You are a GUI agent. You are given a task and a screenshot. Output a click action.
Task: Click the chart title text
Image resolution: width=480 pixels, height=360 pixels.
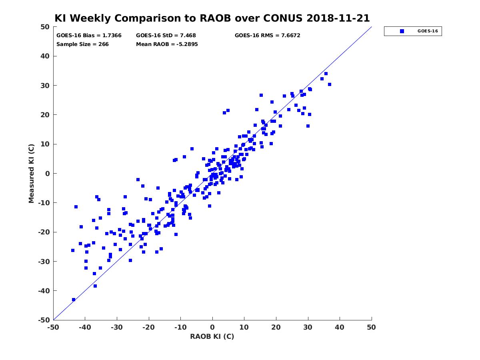(x=212, y=18)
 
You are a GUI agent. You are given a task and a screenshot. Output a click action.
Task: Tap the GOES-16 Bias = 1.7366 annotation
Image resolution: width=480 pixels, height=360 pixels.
(x=89, y=36)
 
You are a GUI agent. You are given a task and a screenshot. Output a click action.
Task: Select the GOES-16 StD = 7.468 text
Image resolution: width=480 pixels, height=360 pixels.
(x=166, y=36)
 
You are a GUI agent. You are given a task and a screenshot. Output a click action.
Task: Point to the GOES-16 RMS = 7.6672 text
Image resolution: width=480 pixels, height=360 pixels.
(x=267, y=36)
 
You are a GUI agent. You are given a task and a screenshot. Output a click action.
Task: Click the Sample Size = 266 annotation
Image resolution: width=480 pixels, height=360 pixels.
(x=82, y=44)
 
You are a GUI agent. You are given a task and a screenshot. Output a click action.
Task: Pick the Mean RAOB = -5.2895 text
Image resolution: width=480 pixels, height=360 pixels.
(x=167, y=44)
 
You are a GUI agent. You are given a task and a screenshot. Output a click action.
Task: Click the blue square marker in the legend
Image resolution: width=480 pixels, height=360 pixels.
(x=402, y=31)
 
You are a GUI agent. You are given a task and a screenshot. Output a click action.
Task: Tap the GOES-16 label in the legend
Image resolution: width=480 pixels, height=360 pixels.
(x=428, y=31)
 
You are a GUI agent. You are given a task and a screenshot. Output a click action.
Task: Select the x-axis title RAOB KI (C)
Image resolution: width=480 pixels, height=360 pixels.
(x=212, y=336)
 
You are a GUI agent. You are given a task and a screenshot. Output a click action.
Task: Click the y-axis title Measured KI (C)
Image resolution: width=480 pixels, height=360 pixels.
(x=31, y=173)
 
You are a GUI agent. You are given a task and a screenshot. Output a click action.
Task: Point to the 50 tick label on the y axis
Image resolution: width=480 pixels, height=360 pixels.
(x=45, y=27)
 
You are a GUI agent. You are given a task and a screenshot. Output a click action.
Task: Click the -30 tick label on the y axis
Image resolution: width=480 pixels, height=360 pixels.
(x=44, y=262)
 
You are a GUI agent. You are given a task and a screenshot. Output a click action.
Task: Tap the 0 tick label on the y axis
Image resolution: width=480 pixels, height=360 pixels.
(x=48, y=174)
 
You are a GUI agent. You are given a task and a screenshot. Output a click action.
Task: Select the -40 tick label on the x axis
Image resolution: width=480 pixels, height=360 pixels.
(x=85, y=327)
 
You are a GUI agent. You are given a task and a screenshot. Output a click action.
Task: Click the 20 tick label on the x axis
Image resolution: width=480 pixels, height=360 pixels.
(x=276, y=327)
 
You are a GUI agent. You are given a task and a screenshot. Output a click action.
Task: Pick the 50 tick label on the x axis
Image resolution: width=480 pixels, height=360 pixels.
(x=371, y=327)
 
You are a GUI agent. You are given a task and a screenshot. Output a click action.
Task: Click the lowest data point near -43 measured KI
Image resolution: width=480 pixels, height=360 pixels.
(x=74, y=300)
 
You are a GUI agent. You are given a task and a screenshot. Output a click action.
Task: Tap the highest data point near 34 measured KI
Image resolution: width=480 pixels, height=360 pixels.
(x=326, y=74)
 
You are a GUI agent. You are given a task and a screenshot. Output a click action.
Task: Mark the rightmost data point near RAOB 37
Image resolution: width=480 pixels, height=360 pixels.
(x=329, y=84)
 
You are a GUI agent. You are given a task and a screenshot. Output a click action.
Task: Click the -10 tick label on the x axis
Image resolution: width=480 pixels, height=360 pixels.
(x=180, y=327)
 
